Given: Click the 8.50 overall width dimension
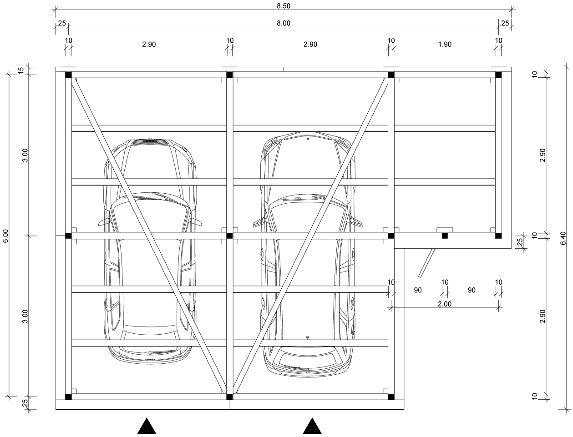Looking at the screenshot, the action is click(x=283, y=6).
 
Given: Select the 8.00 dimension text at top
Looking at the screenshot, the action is click(x=283, y=23).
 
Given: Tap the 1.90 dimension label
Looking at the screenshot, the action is click(x=445, y=44).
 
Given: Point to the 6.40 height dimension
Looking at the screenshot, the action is click(x=563, y=238).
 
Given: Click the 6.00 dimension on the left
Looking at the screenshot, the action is click(x=5, y=236).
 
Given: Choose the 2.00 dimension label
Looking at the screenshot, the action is click(x=444, y=304).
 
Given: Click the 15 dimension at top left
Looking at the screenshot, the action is click(x=21, y=70).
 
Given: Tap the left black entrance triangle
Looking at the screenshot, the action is click(x=147, y=426).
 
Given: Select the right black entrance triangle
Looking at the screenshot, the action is click(x=312, y=426).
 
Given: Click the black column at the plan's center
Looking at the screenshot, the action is click(x=229, y=236).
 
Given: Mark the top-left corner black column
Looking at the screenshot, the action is click(x=68, y=75).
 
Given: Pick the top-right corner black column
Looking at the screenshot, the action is click(x=498, y=75).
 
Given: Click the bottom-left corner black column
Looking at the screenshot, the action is click(x=68, y=397).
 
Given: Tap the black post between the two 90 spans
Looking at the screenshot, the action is click(x=445, y=236).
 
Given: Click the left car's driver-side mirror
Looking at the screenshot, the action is click(x=104, y=222).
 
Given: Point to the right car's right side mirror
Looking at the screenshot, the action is click(x=356, y=221).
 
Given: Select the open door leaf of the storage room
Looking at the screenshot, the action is click(x=426, y=263).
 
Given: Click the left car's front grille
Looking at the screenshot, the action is click(x=150, y=142).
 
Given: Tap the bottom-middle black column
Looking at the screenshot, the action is click(x=229, y=397).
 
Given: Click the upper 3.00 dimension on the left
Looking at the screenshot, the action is click(x=25, y=155).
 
